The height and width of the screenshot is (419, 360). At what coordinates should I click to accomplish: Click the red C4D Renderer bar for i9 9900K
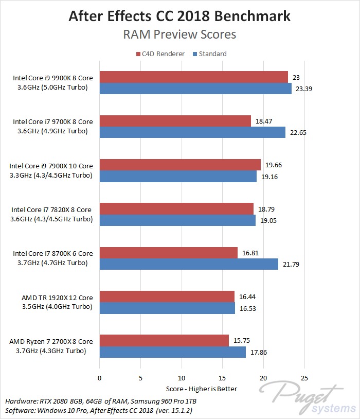(x=193, y=77)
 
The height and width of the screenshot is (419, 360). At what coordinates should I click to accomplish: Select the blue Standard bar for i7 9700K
(x=192, y=132)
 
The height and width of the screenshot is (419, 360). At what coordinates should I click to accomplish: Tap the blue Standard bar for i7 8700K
(x=188, y=264)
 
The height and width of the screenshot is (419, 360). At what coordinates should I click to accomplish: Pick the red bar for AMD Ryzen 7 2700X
(x=164, y=341)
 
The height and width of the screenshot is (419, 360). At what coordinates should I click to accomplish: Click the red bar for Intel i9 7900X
(x=180, y=165)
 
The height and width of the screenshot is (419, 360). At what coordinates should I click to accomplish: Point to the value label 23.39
(x=303, y=89)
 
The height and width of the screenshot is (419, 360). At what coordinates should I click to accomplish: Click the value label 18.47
(x=264, y=121)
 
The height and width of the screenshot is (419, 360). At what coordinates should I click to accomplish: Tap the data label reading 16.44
(x=247, y=296)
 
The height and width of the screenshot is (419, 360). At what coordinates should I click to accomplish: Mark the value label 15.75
(x=242, y=341)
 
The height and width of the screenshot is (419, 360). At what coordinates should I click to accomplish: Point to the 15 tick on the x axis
(x=223, y=378)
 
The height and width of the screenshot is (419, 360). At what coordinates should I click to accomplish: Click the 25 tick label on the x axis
(x=304, y=378)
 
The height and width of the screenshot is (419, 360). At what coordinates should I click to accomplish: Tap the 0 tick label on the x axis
(x=99, y=378)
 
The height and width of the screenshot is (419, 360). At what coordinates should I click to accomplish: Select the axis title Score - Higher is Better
(x=202, y=388)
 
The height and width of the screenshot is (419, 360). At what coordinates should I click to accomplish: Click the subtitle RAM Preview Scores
(x=179, y=34)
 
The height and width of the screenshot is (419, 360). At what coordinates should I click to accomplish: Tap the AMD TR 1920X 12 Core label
(x=57, y=298)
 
